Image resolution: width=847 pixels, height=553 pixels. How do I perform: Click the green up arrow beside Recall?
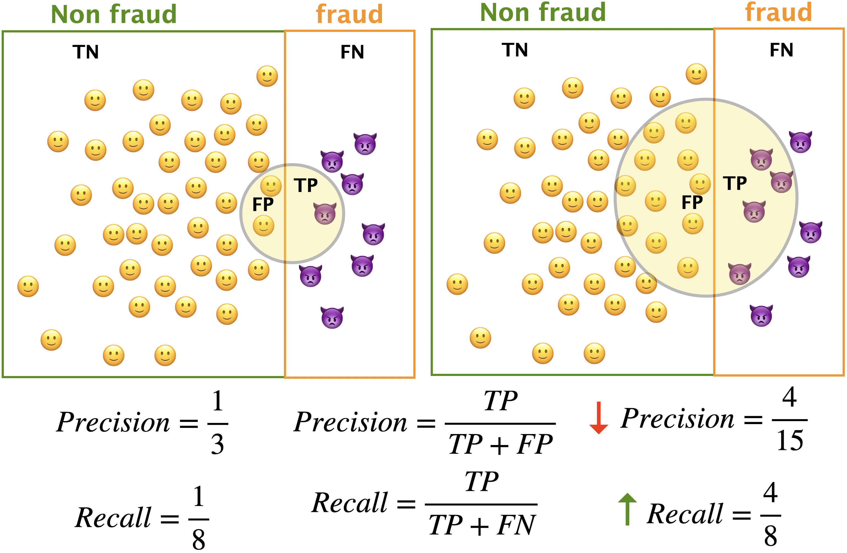(x=627, y=509)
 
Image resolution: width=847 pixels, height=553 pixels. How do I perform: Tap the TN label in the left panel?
(x=85, y=52)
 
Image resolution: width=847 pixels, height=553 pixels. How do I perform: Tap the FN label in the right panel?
(x=782, y=50)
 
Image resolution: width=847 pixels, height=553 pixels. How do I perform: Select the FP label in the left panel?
(x=263, y=204)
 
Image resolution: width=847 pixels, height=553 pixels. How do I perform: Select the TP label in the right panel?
(x=735, y=183)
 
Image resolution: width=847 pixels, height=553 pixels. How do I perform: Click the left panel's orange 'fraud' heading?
(x=349, y=14)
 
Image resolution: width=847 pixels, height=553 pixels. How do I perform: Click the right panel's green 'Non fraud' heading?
(x=543, y=12)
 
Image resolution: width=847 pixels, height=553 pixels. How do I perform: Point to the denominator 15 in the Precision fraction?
(x=790, y=441)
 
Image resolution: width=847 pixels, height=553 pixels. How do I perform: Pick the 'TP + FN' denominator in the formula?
(x=481, y=525)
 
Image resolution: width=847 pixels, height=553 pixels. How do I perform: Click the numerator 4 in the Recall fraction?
(x=770, y=493)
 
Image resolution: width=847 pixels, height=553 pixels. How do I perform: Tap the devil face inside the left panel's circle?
(x=325, y=214)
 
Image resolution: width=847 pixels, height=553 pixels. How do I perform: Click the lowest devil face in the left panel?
(x=332, y=317)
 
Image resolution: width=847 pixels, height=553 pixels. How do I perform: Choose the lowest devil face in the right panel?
(x=761, y=316)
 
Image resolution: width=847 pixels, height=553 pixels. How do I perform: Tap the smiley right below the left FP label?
(x=263, y=226)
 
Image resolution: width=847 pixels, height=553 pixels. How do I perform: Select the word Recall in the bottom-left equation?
(x=113, y=518)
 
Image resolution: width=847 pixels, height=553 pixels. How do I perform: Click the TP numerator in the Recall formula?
(x=481, y=482)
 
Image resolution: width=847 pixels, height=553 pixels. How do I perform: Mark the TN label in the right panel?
(x=515, y=50)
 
